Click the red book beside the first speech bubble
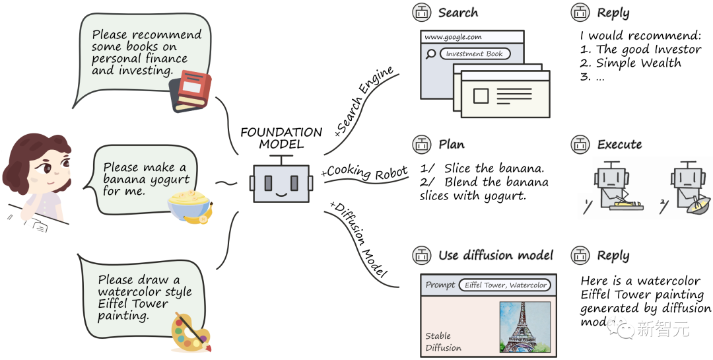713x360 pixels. (191, 91)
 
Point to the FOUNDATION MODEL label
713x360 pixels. (281, 138)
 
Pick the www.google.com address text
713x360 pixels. (453, 38)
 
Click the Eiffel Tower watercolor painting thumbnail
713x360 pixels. (525, 326)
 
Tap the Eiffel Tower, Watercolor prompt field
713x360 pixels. (506, 285)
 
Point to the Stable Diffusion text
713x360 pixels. (443, 342)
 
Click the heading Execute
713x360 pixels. (619, 145)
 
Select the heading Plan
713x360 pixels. (452, 145)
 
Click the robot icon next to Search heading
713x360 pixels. (421, 12)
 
